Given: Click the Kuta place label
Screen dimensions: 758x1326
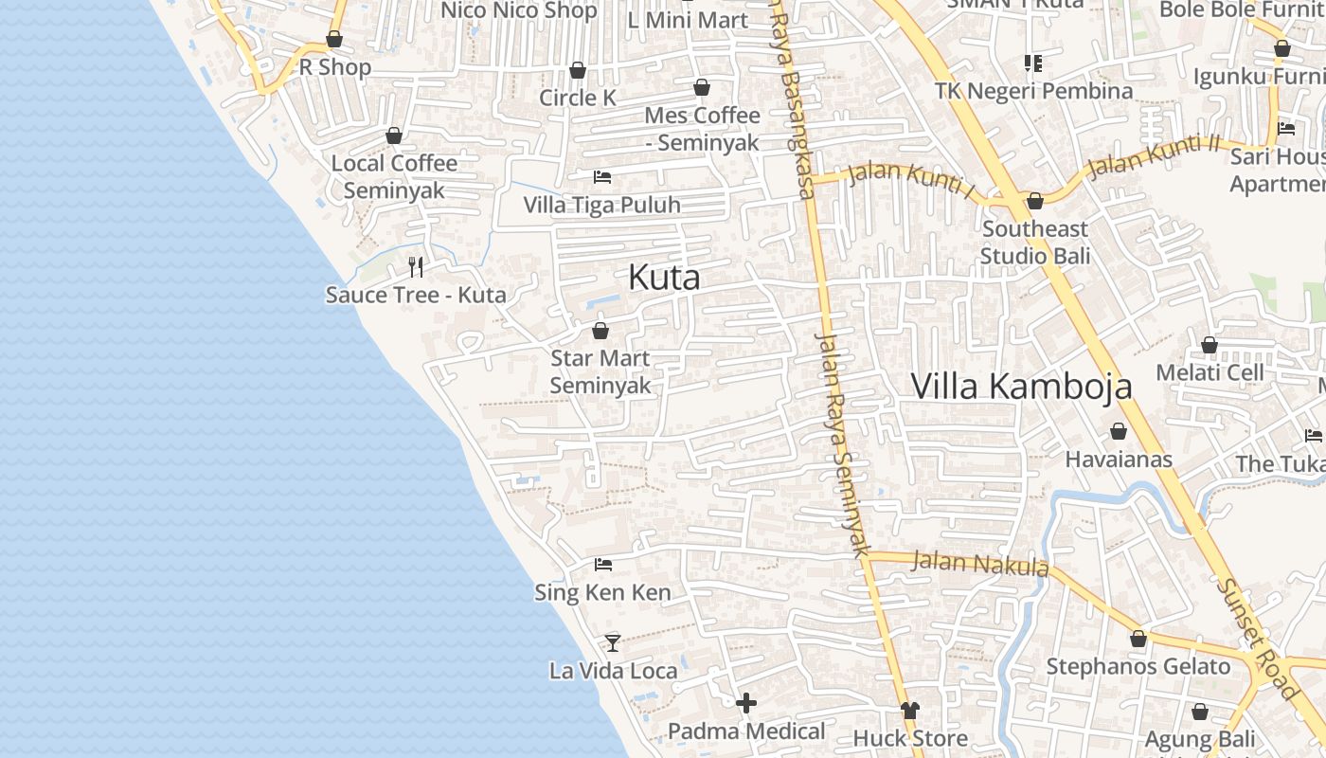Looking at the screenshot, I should pos(664,278).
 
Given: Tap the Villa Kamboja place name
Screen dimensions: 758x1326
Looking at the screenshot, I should pos(1021,387).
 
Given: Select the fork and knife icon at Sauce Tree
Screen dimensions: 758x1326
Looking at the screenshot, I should pos(415,266).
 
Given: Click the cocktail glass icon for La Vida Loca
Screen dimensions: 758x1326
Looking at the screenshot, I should pos(613,642).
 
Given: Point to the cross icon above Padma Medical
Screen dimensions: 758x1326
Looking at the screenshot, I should pos(746,703).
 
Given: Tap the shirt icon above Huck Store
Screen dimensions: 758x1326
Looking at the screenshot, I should pos(910,710).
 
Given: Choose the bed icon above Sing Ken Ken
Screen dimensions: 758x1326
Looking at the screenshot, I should pos(602,565).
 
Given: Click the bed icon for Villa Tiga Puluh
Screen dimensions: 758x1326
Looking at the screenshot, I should pos(601,176).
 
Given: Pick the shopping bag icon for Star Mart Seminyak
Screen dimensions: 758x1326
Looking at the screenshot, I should pos(600,331).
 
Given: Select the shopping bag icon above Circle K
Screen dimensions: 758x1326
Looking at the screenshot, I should pos(577,70).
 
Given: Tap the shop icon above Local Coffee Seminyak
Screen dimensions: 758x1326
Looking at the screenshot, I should pos(394,135).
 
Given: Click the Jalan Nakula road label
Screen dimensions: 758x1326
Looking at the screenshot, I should pos(980,564).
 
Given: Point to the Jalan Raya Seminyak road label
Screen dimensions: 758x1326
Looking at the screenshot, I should pos(841,442).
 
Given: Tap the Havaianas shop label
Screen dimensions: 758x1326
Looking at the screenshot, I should pos(1119,460).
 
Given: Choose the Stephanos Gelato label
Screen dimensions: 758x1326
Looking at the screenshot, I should pos(1138,666).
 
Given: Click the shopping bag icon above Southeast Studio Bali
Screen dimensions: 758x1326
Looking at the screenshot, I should pos(1034,201).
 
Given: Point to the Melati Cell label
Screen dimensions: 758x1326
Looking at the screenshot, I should pos(1210,372).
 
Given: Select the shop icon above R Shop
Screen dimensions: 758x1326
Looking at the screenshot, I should pos(334,39).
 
